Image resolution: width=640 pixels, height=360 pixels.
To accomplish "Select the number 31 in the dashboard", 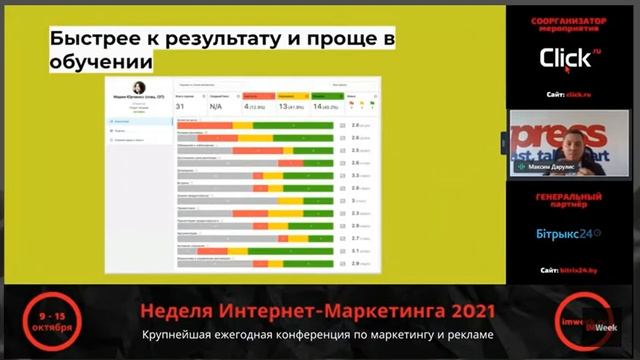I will [x=181, y=105].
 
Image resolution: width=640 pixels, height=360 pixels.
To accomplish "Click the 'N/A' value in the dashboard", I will [x=216, y=105].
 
